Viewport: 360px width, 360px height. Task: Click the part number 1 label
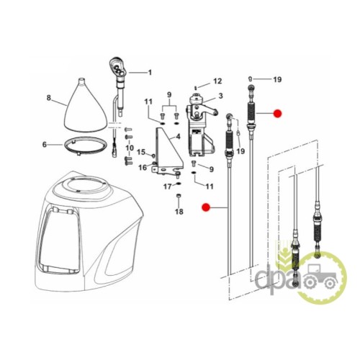pyautogui.click(x=150, y=72)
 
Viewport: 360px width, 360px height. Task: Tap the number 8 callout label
pyautogui.click(x=49, y=98)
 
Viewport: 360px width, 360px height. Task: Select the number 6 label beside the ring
pyautogui.click(x=45, y=145)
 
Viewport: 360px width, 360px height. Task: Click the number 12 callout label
pyautogui.click(x=217, y=81)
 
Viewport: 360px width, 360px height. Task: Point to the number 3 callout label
pyautogui.click(x=220, y=96)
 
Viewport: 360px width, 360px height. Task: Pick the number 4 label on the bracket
pyautogui.click(x=178, y=137)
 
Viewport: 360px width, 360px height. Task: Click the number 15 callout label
pyautogui.click(x=141, y=152)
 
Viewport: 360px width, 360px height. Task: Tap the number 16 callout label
pyautogui.click(x=143, y=167)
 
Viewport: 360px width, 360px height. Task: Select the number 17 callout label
pyautogui.click(x=168, y=186)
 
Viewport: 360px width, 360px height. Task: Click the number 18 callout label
pyautogui.click(x=179, y=212)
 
